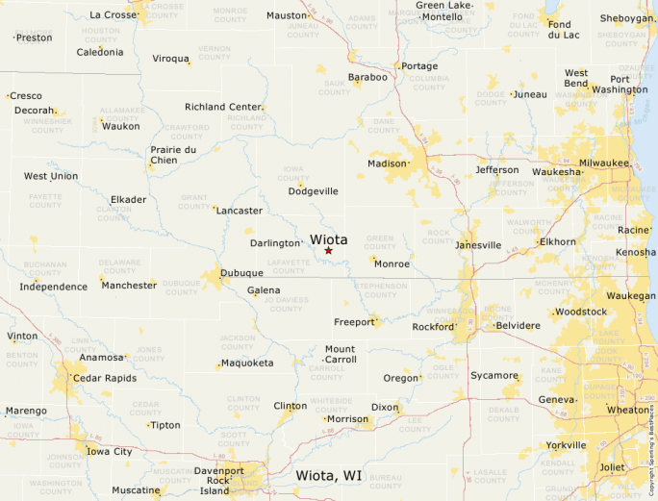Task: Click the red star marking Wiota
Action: (328, 251)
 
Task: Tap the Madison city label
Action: (387, 163)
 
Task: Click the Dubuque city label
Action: (241, 274)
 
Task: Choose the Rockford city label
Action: (431, 327)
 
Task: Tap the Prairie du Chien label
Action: (173, 155)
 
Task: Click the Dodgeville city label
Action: (314, 191)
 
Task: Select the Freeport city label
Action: (353, 322)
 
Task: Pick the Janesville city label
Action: (478, 245)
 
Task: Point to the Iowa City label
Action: (110, 451)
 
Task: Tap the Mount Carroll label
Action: (340, 354)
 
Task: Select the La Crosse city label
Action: (114, 14)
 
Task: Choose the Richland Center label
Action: (223, 107)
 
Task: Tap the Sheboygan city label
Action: (625, 18)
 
